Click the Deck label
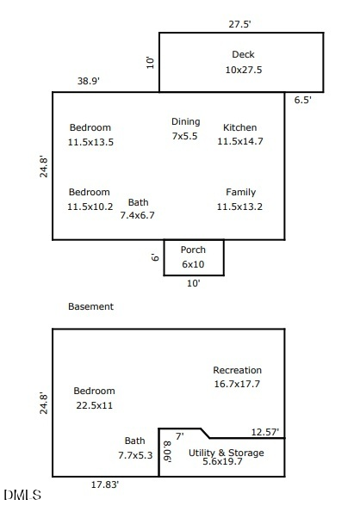pos(243,62)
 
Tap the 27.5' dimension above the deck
pos(240,25)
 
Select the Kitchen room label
pos(239,134)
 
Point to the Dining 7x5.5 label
pos(185,128)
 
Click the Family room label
pos(239,199)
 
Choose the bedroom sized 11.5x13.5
pos(90,134)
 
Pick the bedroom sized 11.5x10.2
pos(90,199)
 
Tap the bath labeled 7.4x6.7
pos(138,209)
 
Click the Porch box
pos(194,257)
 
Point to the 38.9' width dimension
pos(88,81)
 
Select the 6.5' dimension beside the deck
pos(303,100)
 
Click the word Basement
pos(90,306)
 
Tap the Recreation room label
pos(237,377)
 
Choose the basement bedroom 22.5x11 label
pos(94,398)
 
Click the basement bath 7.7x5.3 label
pos(135,447)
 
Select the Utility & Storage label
pos(227,457)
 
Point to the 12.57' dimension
pos(264,432)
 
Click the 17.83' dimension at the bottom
pos(105,485)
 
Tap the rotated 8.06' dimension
pos(167,451)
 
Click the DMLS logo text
pos(22,495)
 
